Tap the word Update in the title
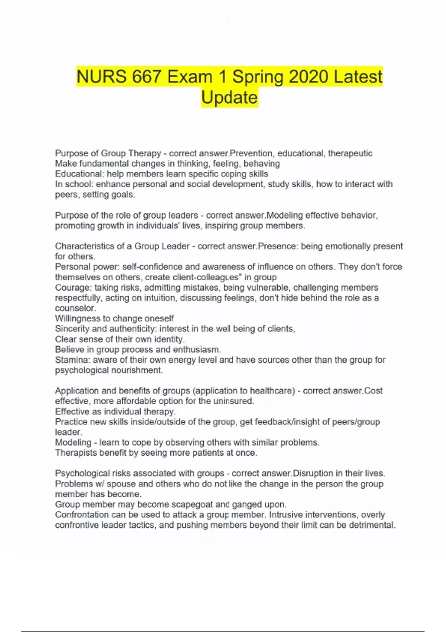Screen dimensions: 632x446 click(229, 98)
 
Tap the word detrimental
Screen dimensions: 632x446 click(372, 525)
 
